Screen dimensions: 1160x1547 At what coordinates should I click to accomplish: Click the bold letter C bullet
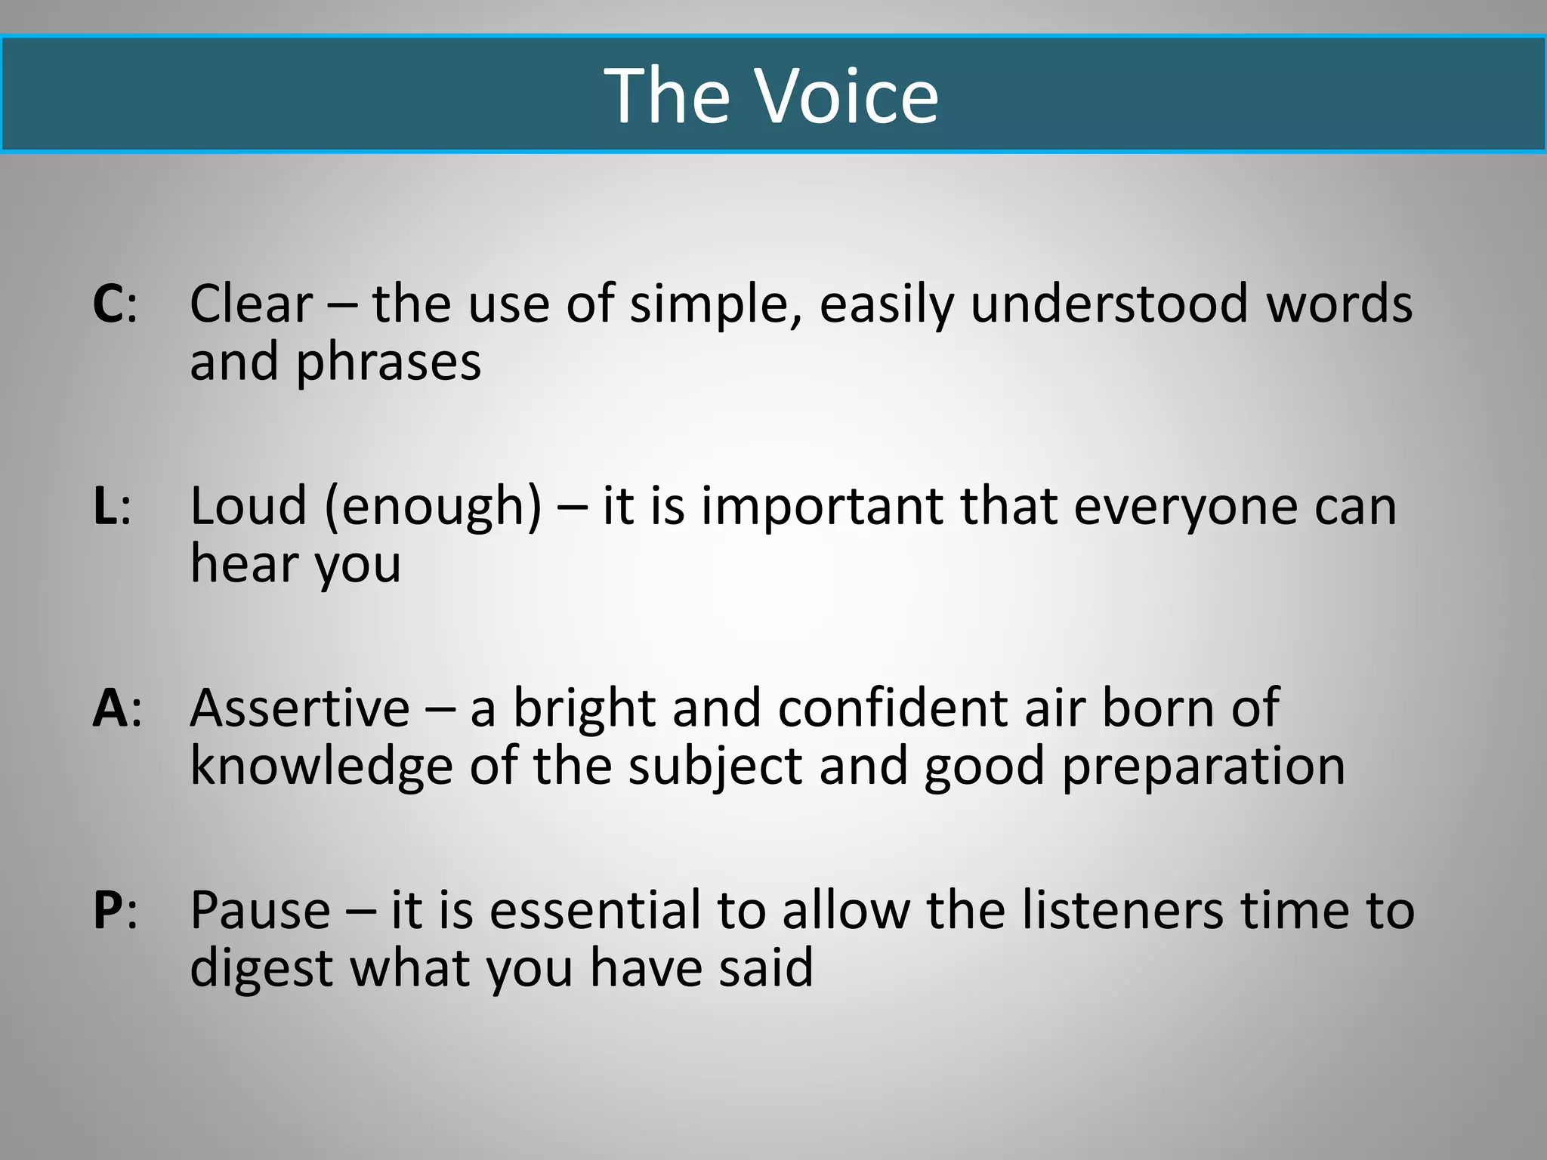pyautogui.click(x=110, y=304)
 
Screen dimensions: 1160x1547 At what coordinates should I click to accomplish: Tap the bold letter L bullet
pyautogui.click(x=105, y=506)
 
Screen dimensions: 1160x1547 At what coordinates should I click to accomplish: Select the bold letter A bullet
pyautogui.click(x=110, y=708)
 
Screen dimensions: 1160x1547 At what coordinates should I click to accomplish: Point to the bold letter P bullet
pyautogui.click(x=109, y=911)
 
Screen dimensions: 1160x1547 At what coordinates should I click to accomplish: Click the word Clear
pyautogui.click(x=251, y=304)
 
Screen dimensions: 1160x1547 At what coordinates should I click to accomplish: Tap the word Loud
pyautogui.click(x=249, y=506)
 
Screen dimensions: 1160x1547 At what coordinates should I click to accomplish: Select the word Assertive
pyautogui.click(x=300, y=708)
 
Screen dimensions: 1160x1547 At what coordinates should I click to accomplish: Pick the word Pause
pyautogui.click(x=261, y=911)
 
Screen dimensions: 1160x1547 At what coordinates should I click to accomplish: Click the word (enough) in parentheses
pyautogui.click(x=433, y=507)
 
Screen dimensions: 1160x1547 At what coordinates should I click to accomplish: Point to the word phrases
pyautogui.click(x=388, y=362)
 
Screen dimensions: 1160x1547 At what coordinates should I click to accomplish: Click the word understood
pyautogui.click(x=1108, y=304)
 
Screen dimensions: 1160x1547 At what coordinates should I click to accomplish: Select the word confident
pyautogui.click(x=892, y=708)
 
